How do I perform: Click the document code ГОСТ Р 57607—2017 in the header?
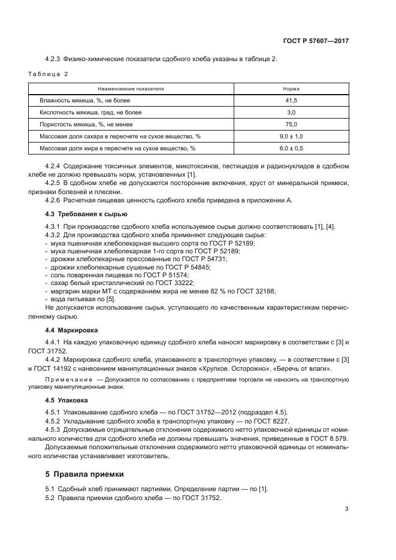click(x=315, y=41)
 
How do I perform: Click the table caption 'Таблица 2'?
click(x=49, y=74)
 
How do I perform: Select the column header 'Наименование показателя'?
click(x=126, y=89)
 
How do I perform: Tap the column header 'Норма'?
click(x=291, y=89)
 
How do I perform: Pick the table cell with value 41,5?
click(x=291, y=101)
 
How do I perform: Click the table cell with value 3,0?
click(x=291, y=112)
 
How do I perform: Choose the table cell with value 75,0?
click(x=291, y=124)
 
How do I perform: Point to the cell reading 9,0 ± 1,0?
click(x=291, y=136)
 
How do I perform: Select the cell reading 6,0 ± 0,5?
click(x=291, y=148)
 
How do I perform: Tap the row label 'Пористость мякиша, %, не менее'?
click(x=83, y=124)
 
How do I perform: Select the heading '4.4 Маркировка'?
click(x=72, y=330)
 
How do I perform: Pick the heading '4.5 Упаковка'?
click(x=67, y=399)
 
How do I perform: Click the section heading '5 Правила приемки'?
click(x=84, y=474)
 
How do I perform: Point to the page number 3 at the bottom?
click(x=346, y=510)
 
